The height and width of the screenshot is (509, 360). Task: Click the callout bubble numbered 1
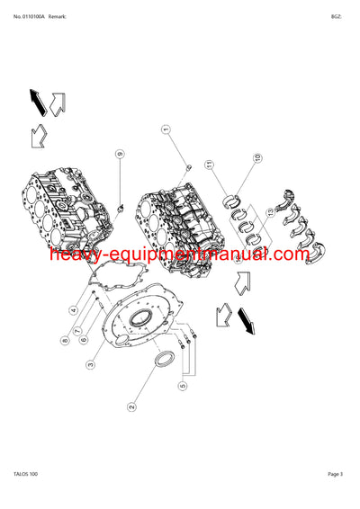point(166,130)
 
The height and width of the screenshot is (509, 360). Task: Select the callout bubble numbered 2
point(131,407)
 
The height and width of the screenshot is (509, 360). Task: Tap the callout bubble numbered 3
point(91,364)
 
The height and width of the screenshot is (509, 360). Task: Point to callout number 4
point(73,310)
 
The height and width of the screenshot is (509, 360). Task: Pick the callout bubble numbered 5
point(183,387)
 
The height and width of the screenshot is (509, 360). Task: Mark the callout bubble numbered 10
point(256,158)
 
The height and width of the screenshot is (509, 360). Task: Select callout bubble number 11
point(209,165)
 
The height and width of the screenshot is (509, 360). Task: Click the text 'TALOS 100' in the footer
point(27,497)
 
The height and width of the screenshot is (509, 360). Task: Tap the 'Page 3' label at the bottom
point(336,497)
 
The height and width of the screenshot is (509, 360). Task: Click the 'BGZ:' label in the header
point(337,15)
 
